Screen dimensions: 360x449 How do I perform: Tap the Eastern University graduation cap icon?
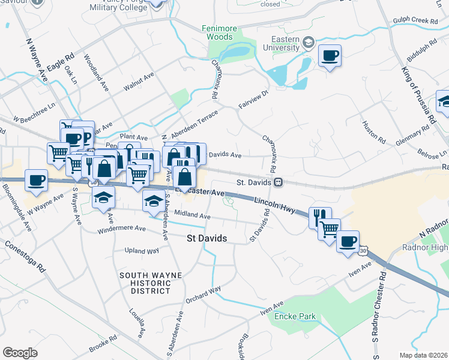point(309,42)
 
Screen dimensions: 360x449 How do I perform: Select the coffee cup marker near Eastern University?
point(330,56)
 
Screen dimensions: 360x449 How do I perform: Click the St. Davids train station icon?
point(278,181)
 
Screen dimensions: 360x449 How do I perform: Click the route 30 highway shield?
point(363,254)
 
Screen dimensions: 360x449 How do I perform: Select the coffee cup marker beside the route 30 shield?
point(348,242)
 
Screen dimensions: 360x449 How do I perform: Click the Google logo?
point(20,353)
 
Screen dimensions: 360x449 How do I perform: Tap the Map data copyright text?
point(424,355)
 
